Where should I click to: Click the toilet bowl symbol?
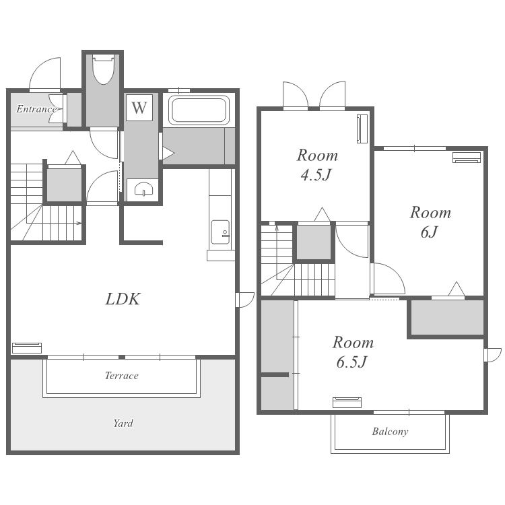point(103,69)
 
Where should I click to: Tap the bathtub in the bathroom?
point(199,110)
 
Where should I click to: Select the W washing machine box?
point(139,108)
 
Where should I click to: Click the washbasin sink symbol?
point(143,189)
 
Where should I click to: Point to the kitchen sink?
point(220,232)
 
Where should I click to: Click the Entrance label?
point(36,109)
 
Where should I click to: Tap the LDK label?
point(123,299)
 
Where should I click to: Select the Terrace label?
point(122,376)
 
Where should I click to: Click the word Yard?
point(123,423)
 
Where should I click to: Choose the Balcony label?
point(390,431)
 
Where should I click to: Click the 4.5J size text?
point(316,174)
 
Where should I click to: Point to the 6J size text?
point(430,232)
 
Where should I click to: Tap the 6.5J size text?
point(351,362)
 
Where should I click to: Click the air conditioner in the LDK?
point(27,348)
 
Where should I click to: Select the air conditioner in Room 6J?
point(467,158)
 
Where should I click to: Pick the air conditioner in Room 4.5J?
point(362,129)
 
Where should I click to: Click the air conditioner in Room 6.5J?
point(347,403)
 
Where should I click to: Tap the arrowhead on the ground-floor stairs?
point(79,223)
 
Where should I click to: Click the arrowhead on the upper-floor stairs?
point(277,228)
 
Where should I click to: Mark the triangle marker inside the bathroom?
point(168,154)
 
